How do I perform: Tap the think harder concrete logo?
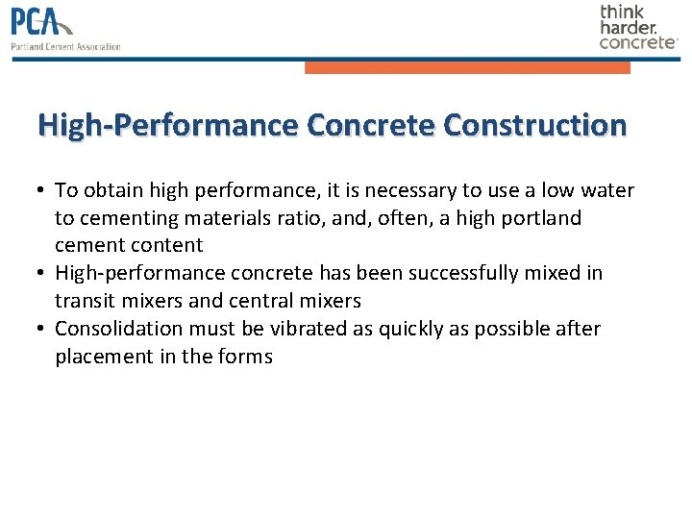638,27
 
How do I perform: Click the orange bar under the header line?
467,67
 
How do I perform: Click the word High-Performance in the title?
167,125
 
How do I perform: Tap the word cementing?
126,218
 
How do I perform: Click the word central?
261,301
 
